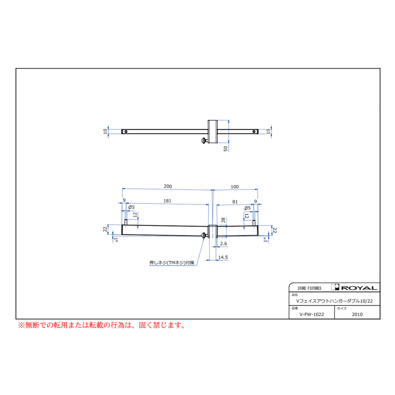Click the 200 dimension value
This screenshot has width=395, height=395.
point(168,187)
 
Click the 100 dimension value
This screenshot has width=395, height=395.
point(234,187)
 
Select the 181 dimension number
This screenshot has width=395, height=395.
point(167,201)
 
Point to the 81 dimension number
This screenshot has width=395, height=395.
point(235,201)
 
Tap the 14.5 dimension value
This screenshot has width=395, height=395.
point(223,258)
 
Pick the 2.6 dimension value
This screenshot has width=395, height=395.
point(223,243)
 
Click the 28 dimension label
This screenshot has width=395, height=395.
point(223,220)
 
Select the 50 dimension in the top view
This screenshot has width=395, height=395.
point(226,149)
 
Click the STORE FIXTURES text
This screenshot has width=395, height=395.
point(309,288)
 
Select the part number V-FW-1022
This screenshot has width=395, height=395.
point(312,314)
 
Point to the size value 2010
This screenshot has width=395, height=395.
point(357,314)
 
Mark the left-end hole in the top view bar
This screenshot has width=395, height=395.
point(126,131)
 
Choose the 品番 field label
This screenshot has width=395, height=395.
point(294,309)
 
